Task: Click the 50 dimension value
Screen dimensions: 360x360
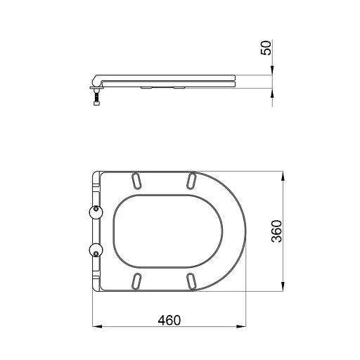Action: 266,49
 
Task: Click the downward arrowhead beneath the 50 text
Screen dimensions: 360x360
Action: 271,70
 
